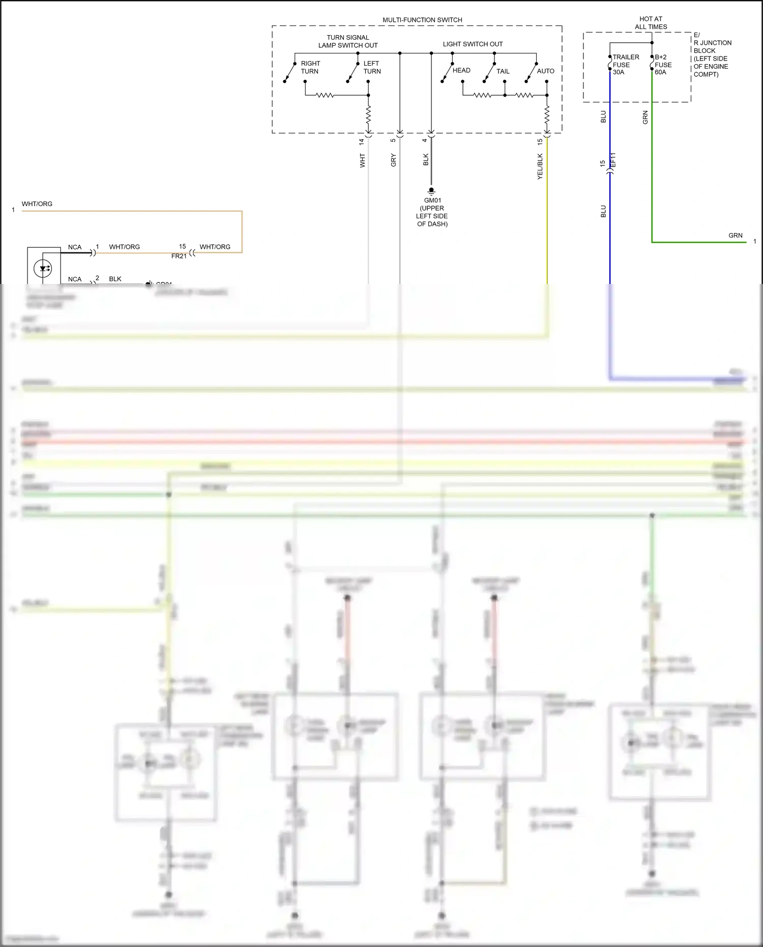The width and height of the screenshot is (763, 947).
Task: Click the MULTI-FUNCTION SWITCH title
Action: click(422, 20)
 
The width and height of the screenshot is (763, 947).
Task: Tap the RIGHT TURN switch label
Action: click(310, 67)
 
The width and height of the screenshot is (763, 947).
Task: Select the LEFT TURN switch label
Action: click(372, 67)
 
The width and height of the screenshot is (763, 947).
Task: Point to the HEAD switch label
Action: click(461, 70)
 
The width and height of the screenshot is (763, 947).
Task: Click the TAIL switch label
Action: click(503, 71)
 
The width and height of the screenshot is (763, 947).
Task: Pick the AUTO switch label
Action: click(545, 71)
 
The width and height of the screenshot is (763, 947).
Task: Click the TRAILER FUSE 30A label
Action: click(625, 65)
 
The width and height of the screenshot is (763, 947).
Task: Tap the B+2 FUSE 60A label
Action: click(663, 65)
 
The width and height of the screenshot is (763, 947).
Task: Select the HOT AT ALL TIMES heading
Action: click(651, 23)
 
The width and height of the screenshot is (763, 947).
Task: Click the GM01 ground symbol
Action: click(431, 191)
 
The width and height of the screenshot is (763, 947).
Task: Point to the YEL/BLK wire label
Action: click(540, 166)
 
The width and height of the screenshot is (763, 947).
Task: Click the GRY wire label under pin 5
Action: click(393, 160)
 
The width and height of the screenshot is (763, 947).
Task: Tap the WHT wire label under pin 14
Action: click(362, 160)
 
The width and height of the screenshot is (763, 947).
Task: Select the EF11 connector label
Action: click(613, 160)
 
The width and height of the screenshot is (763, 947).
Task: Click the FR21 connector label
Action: click(179, 256)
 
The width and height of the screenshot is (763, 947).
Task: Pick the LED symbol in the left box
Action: click(44, 268)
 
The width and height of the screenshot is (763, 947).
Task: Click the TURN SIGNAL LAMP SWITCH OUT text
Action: click(348, 41)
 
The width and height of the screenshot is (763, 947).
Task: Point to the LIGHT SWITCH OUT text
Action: click(473, 44)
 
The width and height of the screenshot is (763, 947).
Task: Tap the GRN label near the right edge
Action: click(735, 235)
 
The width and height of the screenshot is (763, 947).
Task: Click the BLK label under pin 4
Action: click(426, 159)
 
